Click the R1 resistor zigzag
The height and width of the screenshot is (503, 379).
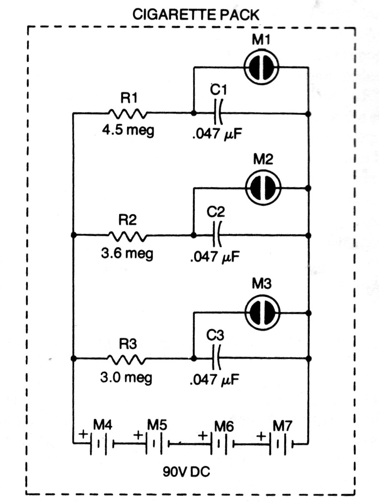point(127,113)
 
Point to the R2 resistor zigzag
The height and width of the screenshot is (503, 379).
point(127,235)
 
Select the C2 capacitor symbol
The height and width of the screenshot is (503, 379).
point(216,235)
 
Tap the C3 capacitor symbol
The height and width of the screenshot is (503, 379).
point(216,358)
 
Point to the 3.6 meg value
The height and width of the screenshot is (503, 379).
point(127,253)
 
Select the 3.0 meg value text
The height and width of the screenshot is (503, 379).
point(127,378)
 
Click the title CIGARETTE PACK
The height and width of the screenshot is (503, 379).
point(195,15)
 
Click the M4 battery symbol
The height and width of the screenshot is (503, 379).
point(99,444)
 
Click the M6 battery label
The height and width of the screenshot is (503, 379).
point(224,426)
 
